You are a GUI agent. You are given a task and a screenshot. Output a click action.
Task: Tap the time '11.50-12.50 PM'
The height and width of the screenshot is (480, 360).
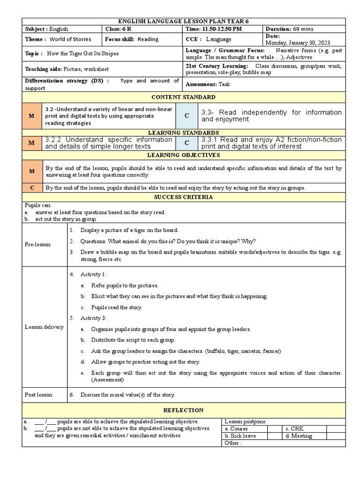[213, 29]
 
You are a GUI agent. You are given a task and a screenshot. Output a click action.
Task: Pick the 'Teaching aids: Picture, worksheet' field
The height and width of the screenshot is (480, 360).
[67, 69]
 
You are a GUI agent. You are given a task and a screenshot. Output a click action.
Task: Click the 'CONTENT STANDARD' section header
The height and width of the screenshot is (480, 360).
[184, 97]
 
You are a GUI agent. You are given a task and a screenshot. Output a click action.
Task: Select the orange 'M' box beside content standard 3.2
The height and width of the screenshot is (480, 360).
[32, 116]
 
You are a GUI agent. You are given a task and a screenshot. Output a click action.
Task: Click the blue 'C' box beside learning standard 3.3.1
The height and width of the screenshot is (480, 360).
[187, 143]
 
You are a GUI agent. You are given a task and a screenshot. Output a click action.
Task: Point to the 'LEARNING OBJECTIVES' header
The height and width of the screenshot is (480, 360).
[184, 155]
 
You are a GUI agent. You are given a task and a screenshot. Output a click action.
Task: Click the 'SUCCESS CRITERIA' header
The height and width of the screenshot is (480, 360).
[184, 197]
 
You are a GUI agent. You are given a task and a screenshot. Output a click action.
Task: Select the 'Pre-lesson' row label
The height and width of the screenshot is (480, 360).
[38, 244]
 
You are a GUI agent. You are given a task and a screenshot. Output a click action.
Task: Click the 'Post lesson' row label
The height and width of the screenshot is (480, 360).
[38, 395]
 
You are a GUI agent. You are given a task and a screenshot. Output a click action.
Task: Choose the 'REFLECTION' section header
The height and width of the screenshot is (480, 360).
[184, 410]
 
